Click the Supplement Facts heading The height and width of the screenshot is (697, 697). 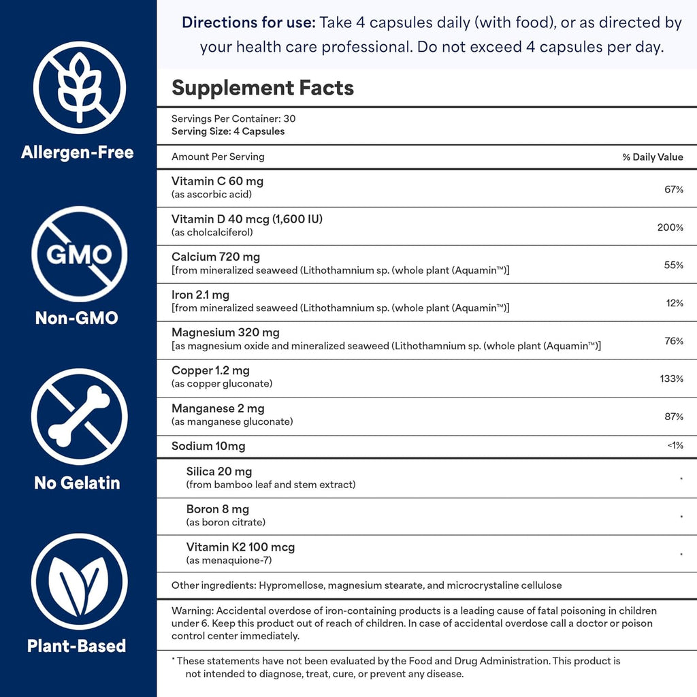pyautogui.click(x=262, y=88)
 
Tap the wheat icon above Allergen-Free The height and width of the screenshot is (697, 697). pyautogui.click(x=80, y=86)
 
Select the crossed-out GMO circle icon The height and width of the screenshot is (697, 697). pyautogui.click(x=80, y=254)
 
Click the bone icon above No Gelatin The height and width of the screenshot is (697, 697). pyautogui.click(x=80, y=417)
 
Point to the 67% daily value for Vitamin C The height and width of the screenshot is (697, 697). pyautogui.click(x=673, y=189)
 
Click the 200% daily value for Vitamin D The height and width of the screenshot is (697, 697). pyautogui.click(x=670, y=227)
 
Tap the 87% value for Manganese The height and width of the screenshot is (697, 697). pyautogui.click(x=673, y=416)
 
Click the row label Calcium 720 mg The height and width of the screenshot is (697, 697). pyautogui.click(x=215, y=257)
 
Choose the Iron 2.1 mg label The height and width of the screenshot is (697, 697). pyautogui.click(x=200, y=295)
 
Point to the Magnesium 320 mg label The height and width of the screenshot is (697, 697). pyautogui.click(x=225, y=333)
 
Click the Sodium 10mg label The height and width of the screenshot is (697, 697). pyautogui.click(x=208, y=447)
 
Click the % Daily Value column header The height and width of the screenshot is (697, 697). pyautogui.click(x=652, y=157)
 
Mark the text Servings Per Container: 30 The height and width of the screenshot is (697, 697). pyautogui.click(x=233, y=118)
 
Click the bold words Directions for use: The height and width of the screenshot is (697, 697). pyautogui.click(x=248, y=23)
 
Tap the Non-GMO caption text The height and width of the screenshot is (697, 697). pyautogui.click(x=76, y=317)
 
